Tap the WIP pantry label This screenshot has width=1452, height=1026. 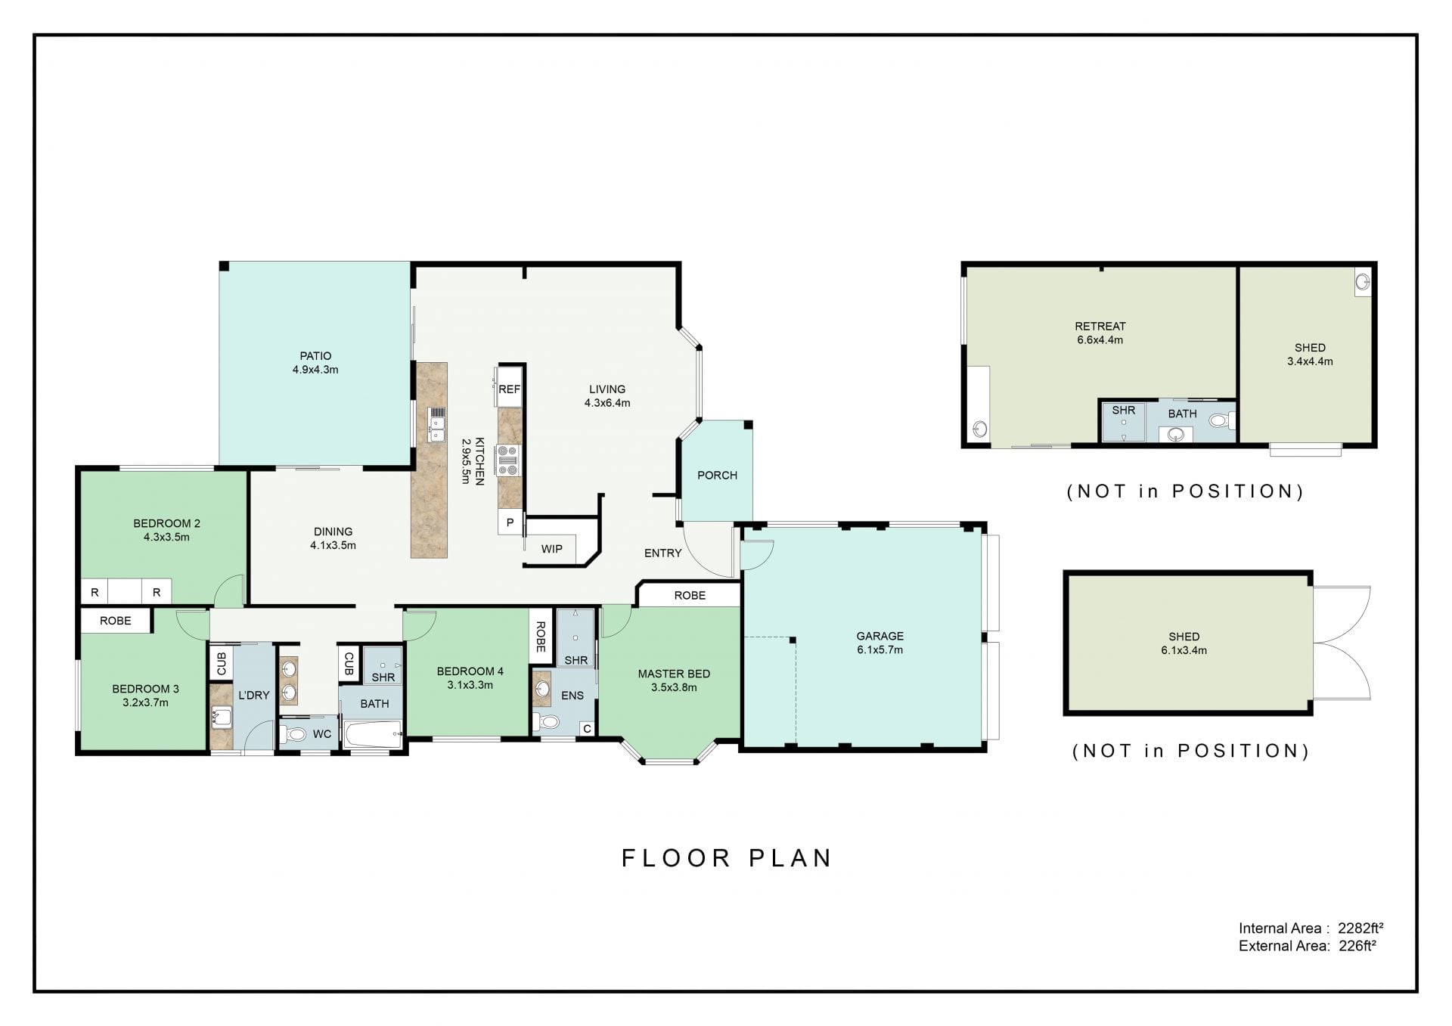click(551, 549)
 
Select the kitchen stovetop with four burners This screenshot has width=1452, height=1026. click(507, 460)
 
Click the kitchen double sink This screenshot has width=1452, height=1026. click(436, 424)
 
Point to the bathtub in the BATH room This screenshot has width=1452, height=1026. click(372, 734)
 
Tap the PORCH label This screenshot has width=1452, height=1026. click(717, 476)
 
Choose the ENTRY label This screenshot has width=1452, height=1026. click(663, 553)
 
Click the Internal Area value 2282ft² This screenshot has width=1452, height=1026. click(1360, 928)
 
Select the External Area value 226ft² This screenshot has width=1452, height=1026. click(1357, 946)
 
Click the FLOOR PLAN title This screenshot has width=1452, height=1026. click(727, 858)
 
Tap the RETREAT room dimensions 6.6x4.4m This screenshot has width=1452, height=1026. click(1100, 340)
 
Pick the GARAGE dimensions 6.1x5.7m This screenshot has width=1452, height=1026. click(880, 649)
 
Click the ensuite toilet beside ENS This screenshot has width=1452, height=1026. click(545, 721)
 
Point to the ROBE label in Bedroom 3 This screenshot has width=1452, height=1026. click(116, 621)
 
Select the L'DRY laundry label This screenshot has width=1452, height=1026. click(253, 696)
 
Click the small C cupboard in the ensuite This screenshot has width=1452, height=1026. click(587, 729)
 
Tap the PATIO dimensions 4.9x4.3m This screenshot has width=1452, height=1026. click(315, 370)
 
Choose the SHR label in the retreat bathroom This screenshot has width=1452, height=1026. click(1124, 411)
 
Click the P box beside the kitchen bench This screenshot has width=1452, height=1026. click(510, 522)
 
